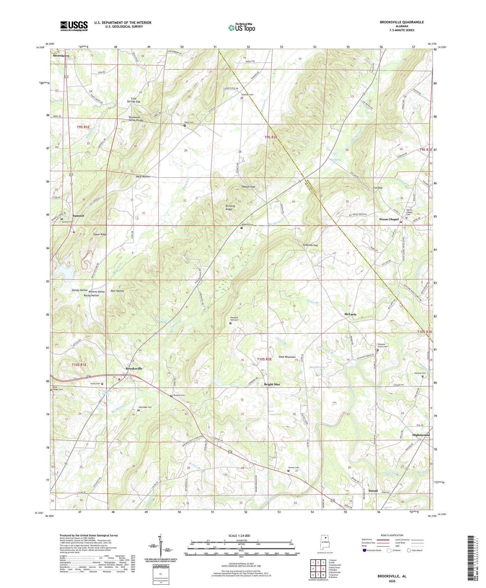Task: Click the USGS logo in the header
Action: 74,26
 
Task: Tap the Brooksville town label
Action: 134,368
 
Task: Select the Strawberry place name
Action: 61,56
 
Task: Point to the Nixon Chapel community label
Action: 388,219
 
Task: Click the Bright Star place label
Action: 272,384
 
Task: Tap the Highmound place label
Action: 421,435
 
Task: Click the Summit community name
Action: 78,216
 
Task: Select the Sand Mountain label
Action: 287,357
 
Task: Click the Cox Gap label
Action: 378,188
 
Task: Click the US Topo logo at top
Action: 241,28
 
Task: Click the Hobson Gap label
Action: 248,187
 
